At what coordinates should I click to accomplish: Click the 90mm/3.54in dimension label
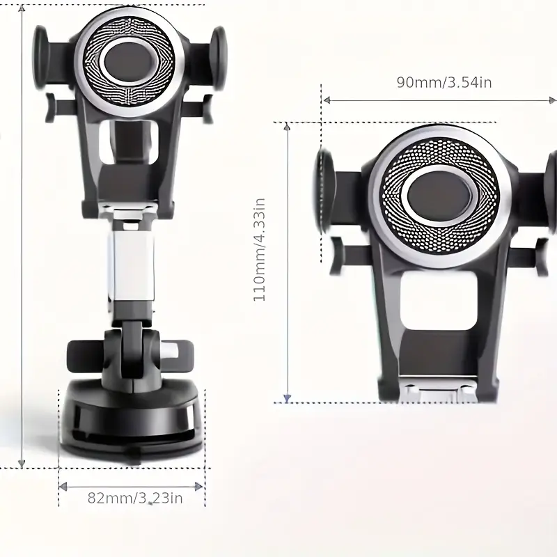[444, 82]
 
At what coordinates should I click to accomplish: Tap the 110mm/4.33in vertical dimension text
[259, 250]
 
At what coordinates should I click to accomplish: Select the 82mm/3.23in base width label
[135, 498]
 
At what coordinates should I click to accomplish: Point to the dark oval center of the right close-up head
[439, 196]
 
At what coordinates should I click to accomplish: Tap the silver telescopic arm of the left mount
[133, 266]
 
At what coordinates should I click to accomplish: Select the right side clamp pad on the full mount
[217, 58]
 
